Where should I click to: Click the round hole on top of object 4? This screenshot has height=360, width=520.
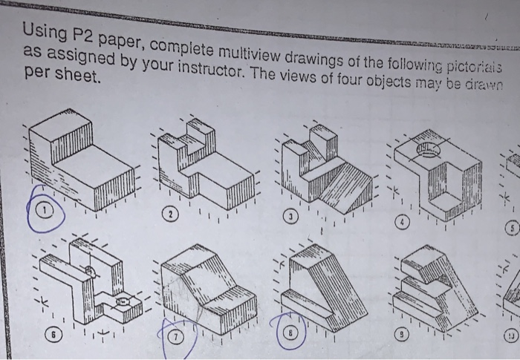point(427,153)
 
